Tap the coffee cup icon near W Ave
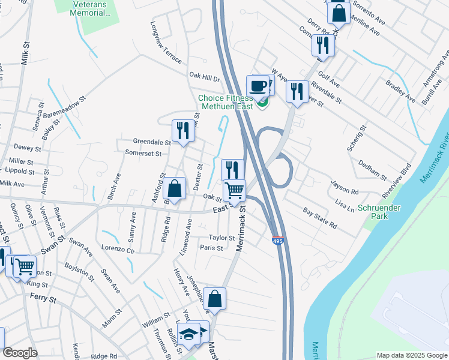(258, 86)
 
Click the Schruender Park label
(379, 212)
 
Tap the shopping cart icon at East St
(235, 191)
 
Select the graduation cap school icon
(189, 334)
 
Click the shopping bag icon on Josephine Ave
(215, 298)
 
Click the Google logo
(20, 353)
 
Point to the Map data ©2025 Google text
(411, 355)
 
